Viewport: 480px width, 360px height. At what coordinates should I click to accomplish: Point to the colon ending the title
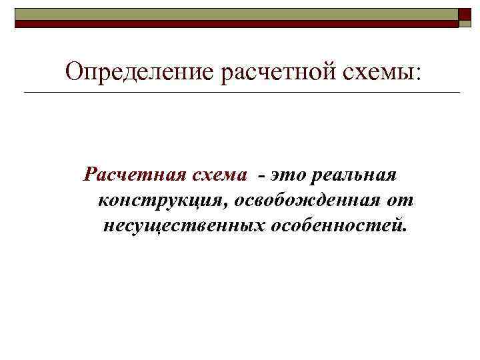[x=418, y=73]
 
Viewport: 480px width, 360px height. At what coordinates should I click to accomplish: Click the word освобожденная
[x=307, y=199]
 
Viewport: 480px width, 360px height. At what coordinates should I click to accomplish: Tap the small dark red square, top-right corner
[x=465, y=16]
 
